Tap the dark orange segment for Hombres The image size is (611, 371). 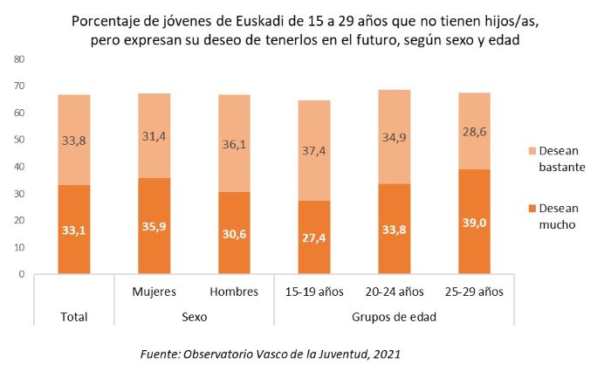click(234, 233)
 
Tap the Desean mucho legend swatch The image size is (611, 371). click(519, 209)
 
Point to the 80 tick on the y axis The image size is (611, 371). click(19, 58)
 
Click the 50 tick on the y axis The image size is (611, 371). click(19, 140)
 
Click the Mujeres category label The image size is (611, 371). click(154, 291)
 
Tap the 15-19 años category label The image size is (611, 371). click(314, 291)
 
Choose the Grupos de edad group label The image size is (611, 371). click(395, 317)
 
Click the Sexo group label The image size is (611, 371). click(194, 317)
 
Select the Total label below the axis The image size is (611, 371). click(74, 317)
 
